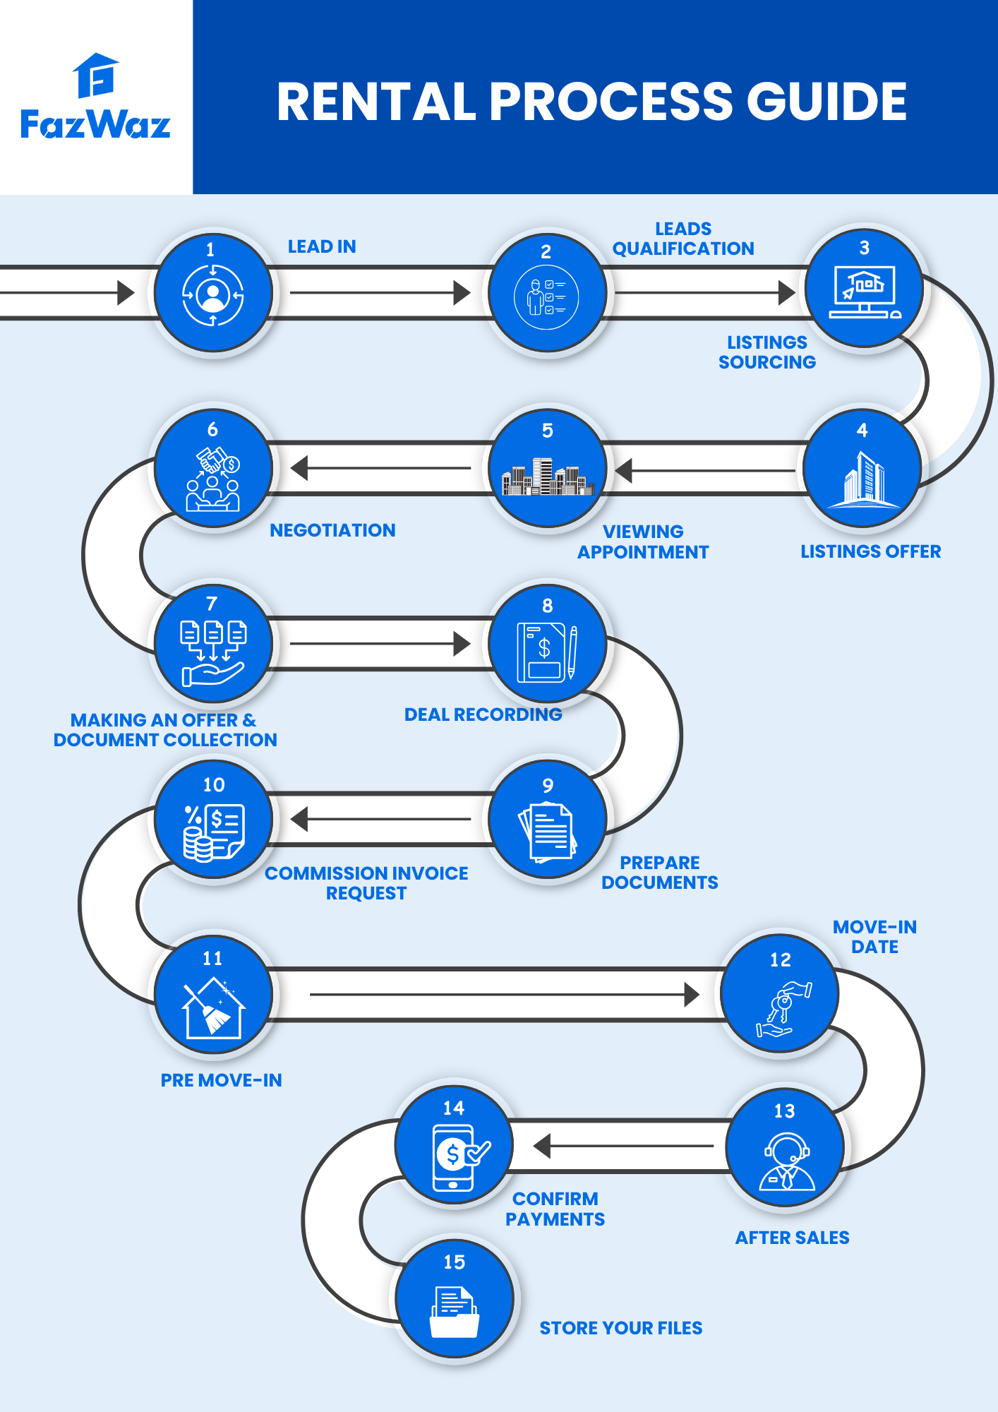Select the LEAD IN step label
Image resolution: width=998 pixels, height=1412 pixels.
click(322, 246)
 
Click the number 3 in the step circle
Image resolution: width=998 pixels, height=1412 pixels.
click(864, 248)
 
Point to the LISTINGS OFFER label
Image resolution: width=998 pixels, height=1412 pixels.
click(870, 551)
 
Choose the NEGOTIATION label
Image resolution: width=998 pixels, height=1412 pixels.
click(332, 530)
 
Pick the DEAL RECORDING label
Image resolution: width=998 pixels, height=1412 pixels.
click(483, 714)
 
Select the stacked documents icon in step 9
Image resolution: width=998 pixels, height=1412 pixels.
click(548, 832)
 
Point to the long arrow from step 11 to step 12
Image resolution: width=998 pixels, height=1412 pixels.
click(504, 995)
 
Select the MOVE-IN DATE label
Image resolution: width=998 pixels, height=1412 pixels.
click(874, 937)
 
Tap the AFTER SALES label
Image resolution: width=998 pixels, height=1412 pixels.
click(792, 1238)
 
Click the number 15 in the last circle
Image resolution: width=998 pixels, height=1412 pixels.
click(454, 1262)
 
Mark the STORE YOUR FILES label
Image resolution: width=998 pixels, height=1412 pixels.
click(620, 1328)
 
